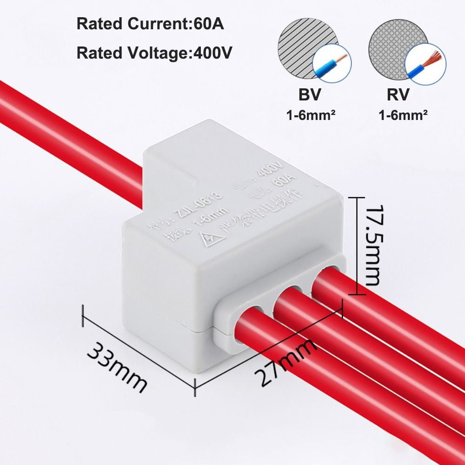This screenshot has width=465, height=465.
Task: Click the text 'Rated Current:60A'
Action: click(150, 24)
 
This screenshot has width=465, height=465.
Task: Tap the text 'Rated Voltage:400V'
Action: click(154, 53)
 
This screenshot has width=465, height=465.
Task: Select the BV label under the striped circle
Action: click(309, 94)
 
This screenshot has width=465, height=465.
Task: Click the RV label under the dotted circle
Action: click(398, 94)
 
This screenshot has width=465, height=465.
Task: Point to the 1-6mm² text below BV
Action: click(311, 114)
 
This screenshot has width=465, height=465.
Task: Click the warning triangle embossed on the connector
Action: click(206, 239)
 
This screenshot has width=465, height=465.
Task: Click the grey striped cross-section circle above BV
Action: click(298, 46)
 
